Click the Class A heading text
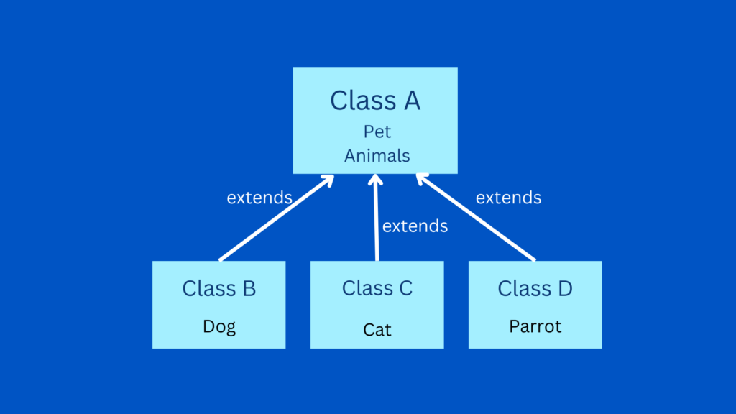coord(375,101)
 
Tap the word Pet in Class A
coord(377,132)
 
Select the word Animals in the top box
coord(377,156)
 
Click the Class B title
coord(219,288)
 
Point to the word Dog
coord(219,327)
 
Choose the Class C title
coord(377,287)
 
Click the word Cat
coord(377,330)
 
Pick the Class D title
coord(535,288)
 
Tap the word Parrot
coord(535,326)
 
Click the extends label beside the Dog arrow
coord(259,198)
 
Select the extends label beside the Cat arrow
coord(415,226)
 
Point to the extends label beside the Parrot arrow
coord(508,198)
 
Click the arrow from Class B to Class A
coord(277,218)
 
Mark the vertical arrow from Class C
coord(376,217)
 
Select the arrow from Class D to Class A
coord(476,217)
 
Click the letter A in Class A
coord(412,101)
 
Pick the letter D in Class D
coord(565,288)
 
